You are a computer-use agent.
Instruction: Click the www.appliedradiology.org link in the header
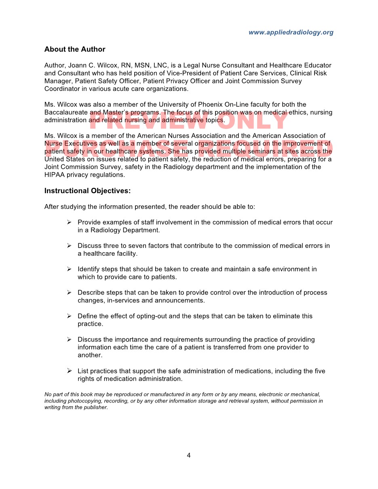291,32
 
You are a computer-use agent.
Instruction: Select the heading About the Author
75,49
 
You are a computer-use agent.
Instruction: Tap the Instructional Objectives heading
87,191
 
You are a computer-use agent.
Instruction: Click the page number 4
188,455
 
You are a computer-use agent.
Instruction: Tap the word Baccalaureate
66,112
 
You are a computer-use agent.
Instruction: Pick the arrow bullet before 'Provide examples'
69,222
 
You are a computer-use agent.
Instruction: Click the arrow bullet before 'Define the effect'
69,316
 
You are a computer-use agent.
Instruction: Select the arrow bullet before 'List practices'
69,371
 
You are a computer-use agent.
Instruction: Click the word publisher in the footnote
96,407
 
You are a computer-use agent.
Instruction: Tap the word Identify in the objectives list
89,269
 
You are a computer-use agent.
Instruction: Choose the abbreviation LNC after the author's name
160,65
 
